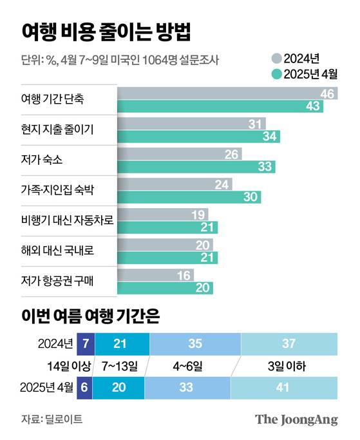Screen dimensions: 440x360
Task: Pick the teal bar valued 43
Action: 220,106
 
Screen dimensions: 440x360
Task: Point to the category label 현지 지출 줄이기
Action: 57,131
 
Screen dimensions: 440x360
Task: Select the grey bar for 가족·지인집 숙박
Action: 175,184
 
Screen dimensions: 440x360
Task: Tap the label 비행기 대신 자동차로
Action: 67,221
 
